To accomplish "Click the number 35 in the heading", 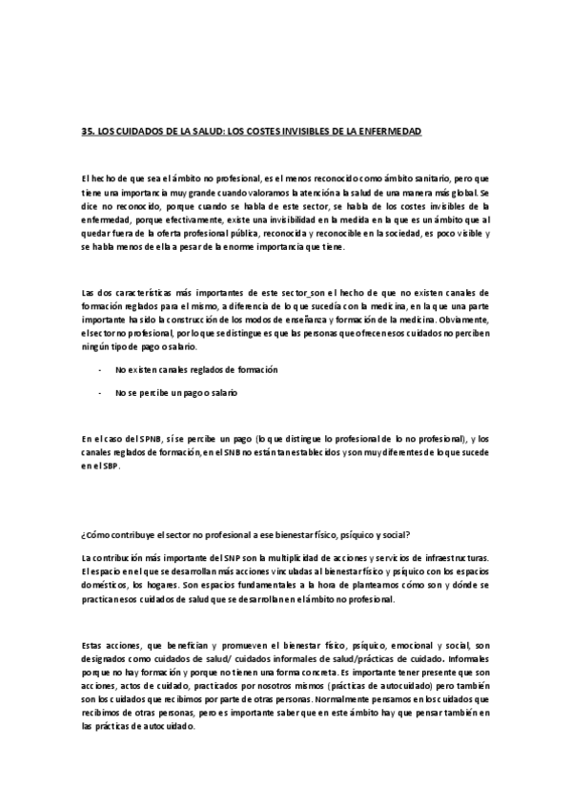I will (88, 130).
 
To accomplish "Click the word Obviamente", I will (459, 321).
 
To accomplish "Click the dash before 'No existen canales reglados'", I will (100, 368).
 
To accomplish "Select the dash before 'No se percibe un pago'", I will (100, 392).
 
